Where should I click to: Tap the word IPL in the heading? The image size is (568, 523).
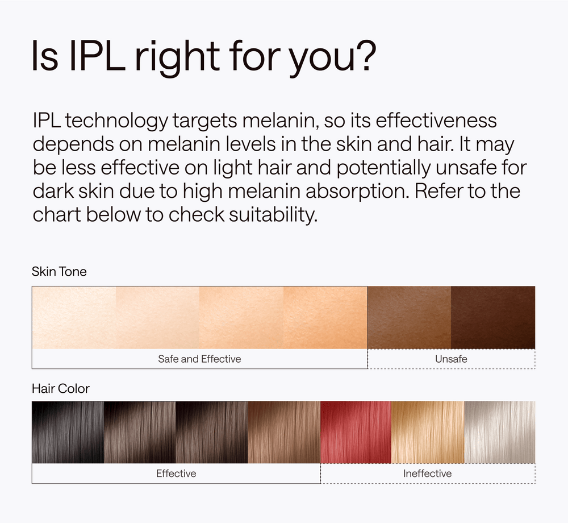(x=97, y=56)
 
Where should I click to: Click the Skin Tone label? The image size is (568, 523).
(x=59, y=272)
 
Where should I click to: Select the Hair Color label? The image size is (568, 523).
(x=61, y=388)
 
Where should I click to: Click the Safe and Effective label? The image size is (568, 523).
(x=199, y=359)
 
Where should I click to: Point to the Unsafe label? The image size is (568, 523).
(x=451, y=359)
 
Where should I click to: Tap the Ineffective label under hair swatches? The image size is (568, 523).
(x=428, y=474)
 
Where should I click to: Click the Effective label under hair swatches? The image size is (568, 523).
(x=176, y=474)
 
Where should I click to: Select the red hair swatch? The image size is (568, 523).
(x=356, y=432)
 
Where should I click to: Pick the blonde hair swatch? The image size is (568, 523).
(x=428, y=432)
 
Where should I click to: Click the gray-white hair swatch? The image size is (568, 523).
(x=499, y=432)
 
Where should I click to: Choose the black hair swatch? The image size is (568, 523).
(x=68, y=432)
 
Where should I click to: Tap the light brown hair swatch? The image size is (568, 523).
(x=285, y=432)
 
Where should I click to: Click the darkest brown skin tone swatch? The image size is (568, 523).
(x=493, y=318)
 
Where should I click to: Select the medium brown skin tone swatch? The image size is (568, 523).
(x=410, y=318)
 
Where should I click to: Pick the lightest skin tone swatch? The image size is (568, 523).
(x=74, y=318)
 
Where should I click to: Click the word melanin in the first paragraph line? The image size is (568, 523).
(x=281, y=121)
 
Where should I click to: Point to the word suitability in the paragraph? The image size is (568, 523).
(x=273, y=214)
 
